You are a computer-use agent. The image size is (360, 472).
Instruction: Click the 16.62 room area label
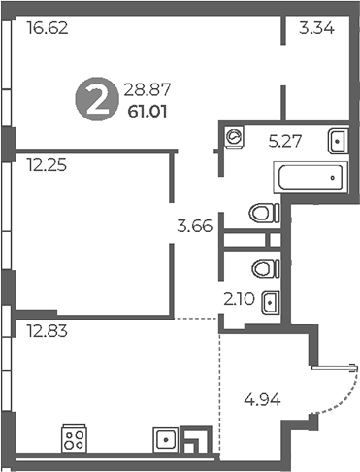click(48, 29)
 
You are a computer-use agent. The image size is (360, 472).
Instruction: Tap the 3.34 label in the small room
click(317, 29)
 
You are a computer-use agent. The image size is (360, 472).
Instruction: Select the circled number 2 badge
click(95, 101)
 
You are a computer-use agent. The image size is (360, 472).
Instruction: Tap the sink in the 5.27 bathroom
click(337, 141)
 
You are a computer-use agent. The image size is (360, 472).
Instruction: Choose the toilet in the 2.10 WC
click(262, 267)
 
